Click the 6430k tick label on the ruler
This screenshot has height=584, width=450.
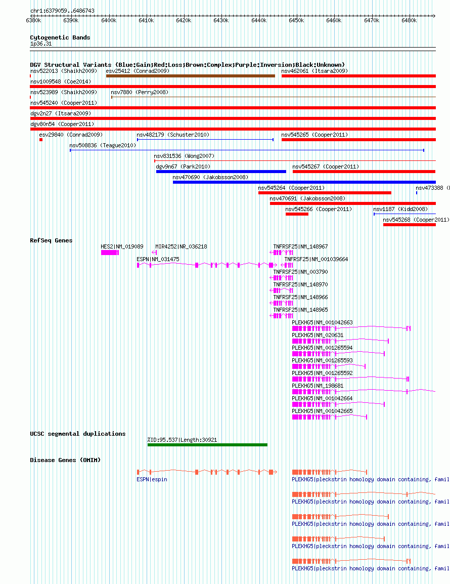[x=221, y=20]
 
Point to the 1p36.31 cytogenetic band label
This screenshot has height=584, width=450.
[x=41, y=44]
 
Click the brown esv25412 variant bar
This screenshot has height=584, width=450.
[x=191, y=76]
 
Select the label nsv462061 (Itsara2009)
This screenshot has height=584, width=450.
[x=314, y=71]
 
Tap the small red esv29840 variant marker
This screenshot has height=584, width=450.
[x=41, y=140]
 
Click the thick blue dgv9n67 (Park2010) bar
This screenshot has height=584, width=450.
[x=221, y=172]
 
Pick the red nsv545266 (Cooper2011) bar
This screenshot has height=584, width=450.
[x=297, y=214]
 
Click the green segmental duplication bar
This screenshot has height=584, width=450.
[x=207, y=445]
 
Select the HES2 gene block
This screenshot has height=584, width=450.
[x=110, y=253]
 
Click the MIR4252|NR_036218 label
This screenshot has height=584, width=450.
[x=182, y=246]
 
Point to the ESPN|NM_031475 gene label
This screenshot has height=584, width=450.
[x=158, y=259]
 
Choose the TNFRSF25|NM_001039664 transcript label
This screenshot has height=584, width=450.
[x=317, y=259]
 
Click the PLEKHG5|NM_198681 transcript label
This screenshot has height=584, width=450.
[x=318, y=386]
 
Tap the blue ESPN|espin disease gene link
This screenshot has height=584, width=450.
[x=152, y=479]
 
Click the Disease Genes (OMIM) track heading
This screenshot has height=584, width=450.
[x=65, y=460]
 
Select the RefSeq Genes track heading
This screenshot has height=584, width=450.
[x=52, y=240]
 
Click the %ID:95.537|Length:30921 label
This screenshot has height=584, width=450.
[x=182, y=440]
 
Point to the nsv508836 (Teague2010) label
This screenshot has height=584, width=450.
[x=103, y=145]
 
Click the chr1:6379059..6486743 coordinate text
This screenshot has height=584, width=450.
[x=62, y=11]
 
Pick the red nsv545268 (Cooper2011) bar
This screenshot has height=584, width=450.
[x=410, y=225]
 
